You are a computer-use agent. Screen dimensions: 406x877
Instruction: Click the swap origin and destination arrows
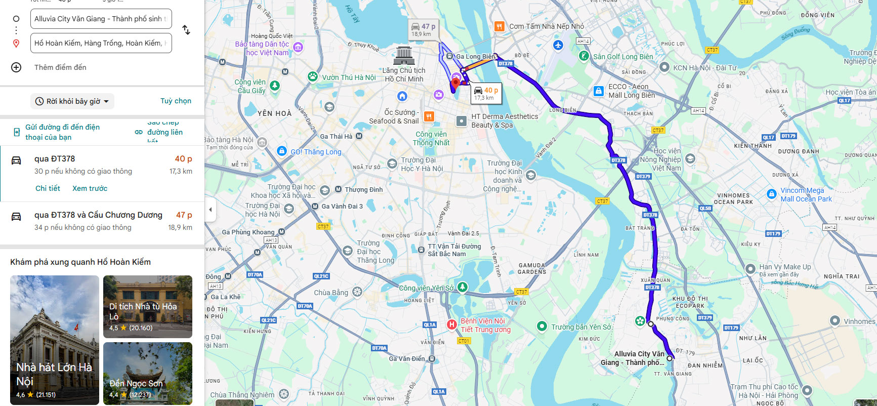(186, 30)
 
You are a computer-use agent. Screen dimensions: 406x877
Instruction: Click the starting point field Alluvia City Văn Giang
(101, 19)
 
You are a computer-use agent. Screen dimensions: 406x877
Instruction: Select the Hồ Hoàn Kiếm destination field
(101, 43)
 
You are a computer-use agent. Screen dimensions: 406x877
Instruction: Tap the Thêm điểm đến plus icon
(16, 67)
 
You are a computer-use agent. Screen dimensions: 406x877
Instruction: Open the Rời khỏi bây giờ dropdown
(72, 101)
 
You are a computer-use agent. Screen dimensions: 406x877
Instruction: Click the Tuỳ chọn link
(176, 101)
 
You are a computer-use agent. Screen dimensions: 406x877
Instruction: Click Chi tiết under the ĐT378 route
(48, 188)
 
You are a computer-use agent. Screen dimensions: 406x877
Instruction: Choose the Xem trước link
(90, 188)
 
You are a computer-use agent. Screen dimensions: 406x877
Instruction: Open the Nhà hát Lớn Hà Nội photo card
(55, 340)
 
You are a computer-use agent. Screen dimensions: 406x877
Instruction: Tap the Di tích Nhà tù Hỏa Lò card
(148, 306)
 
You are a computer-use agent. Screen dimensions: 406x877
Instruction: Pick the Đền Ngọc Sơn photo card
(148, 373)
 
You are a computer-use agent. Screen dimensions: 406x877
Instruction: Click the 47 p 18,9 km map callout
(423, 29)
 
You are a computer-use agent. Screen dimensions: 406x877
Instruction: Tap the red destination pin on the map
(455, 83)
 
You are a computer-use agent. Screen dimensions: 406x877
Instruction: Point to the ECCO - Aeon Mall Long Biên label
(631, 91)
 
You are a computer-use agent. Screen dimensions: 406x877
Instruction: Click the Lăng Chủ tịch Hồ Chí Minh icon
(404, 55)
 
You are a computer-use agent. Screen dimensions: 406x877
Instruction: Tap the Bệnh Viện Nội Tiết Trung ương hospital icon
(451, 324)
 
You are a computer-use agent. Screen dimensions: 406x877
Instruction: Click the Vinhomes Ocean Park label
(733, 198)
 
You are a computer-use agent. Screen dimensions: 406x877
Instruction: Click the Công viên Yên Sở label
(426, 288)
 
